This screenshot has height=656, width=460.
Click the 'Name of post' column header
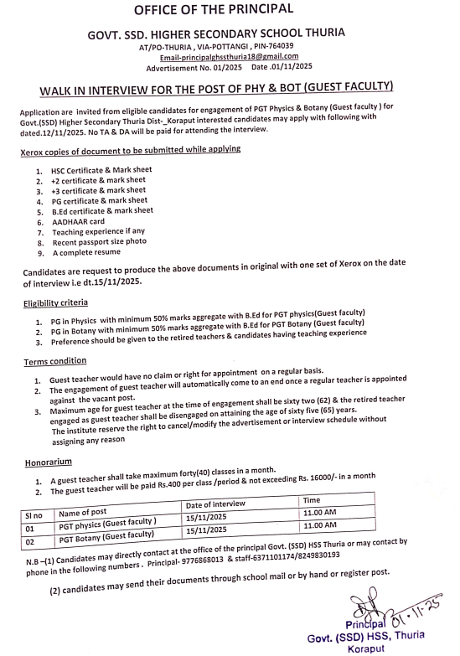point(87,513)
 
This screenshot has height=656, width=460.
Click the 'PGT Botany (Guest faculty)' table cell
point(107,535)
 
